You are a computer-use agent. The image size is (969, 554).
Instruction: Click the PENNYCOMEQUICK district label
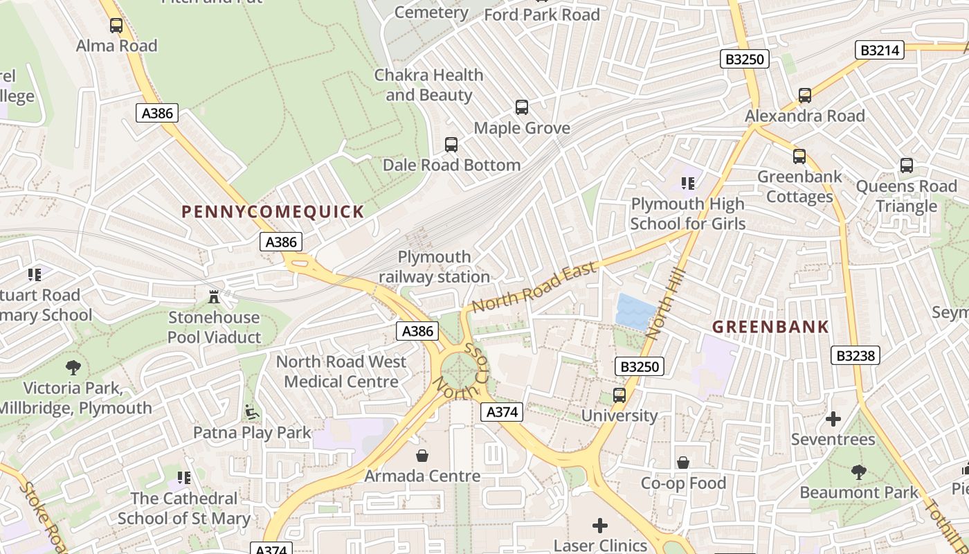pyautogui.click(x=273, y=212)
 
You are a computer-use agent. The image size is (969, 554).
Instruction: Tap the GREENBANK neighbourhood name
pyautogui.click(x=770, y=327)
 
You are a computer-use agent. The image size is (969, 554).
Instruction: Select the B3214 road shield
pyautogui.click(x=880, y=50)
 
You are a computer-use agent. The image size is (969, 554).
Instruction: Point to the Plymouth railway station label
pyautogui.click(x=434, y=267)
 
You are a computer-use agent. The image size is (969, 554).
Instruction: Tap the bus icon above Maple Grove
pyautogui.click(x=522, y=107)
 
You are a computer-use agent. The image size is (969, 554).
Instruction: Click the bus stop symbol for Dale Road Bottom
pyautogui.click(x=451, y=145)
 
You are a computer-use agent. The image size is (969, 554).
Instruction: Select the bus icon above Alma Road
pyautogui.click(x=116, y=26)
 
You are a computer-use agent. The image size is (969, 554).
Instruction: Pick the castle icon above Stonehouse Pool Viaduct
pyautogui.click(x=214, y=297)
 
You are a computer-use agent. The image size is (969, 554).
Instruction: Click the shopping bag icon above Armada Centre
pyautogui.click(x=422, y=455)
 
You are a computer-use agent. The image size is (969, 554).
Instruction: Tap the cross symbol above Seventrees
pyautogui.click(x=833, y=419)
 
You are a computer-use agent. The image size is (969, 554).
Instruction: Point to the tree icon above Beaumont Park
pyautogui.click(x=858, y=472)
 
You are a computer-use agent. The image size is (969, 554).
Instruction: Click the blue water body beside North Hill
pyautogui.click(x=635, y=311)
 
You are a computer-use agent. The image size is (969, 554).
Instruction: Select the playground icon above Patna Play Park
pyautogui.click(x=252, y=413)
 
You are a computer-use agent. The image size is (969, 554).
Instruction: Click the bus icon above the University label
pyautogui.click(x=619, y=395)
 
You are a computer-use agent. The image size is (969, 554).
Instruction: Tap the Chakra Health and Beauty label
pyautogui.click(x=429, y=84)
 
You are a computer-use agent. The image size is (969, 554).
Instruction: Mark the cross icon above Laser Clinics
pyautogui.click(x=600, y=526)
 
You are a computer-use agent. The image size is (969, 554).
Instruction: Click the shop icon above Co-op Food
pyautogui.click(x=683, y=462)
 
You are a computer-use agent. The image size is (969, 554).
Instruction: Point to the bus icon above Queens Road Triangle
pyautogui.click(x=907, y=166)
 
